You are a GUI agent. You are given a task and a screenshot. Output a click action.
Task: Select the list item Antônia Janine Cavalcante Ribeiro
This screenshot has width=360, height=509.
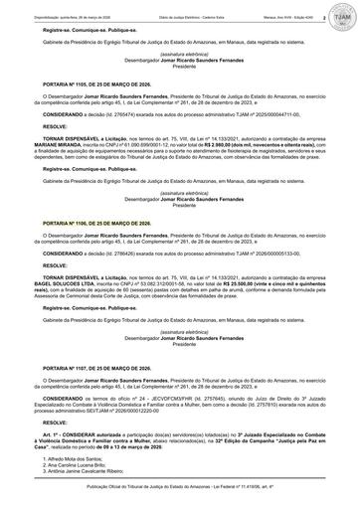click(x=95, y=469)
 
